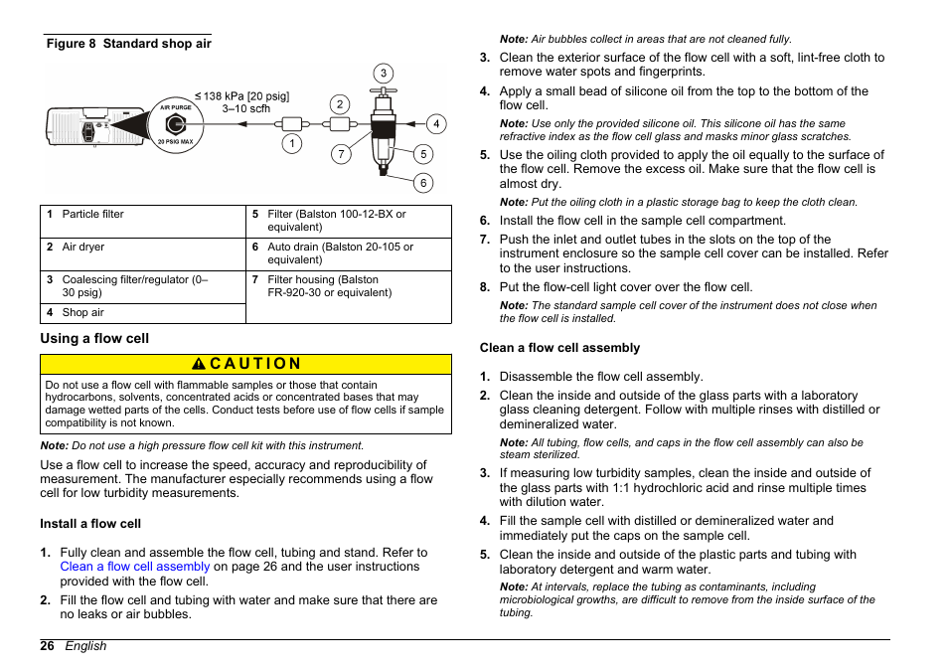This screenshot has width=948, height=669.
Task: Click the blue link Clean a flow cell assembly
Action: point(135,567)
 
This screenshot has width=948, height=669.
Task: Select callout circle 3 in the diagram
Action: point(383,74)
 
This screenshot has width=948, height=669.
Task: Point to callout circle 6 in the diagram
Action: point(423,183)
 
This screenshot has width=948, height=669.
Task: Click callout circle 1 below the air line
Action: point(291,144)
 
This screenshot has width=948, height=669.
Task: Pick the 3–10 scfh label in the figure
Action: point(245,109)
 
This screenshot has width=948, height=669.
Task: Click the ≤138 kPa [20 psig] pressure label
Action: point(242,96)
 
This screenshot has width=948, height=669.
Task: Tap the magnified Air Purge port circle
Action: point(175,125)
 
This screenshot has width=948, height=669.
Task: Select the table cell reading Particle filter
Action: point(143,221)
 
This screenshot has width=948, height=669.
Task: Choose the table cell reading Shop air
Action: point(143,313)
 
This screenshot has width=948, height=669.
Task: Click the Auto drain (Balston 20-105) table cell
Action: point(348,253)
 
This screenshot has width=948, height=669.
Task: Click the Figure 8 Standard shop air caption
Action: point(128,44)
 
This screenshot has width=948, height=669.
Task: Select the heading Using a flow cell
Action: point(94,338)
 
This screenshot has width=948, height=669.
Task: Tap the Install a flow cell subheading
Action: point(90,524)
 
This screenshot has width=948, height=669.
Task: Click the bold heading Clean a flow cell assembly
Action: point(559,348)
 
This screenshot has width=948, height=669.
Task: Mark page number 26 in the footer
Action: point(47,646)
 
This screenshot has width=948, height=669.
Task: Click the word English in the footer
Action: point(85,646)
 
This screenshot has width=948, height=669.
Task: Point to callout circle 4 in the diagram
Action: point(436,124)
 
